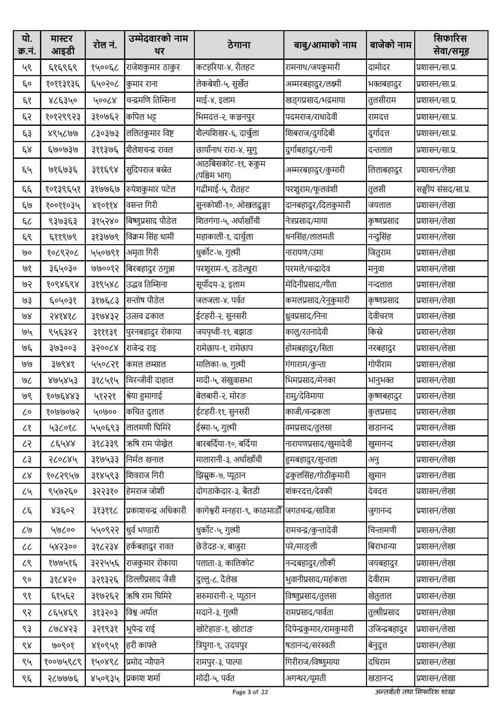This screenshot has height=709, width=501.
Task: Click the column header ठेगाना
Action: pos(239,45)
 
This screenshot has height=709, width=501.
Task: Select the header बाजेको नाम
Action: pos(390,45)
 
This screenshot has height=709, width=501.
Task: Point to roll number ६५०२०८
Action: pos(105,84)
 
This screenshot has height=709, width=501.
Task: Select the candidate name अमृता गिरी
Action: pos(142,253)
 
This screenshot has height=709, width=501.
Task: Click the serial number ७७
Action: pos(27,364)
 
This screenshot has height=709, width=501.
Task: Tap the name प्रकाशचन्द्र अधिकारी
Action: pos(156,511)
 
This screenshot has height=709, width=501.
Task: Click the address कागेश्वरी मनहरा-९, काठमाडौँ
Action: pos(239,511)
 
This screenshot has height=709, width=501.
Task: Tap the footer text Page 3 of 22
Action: pos(250,692)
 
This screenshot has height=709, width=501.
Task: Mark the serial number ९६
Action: pos(27,678)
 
